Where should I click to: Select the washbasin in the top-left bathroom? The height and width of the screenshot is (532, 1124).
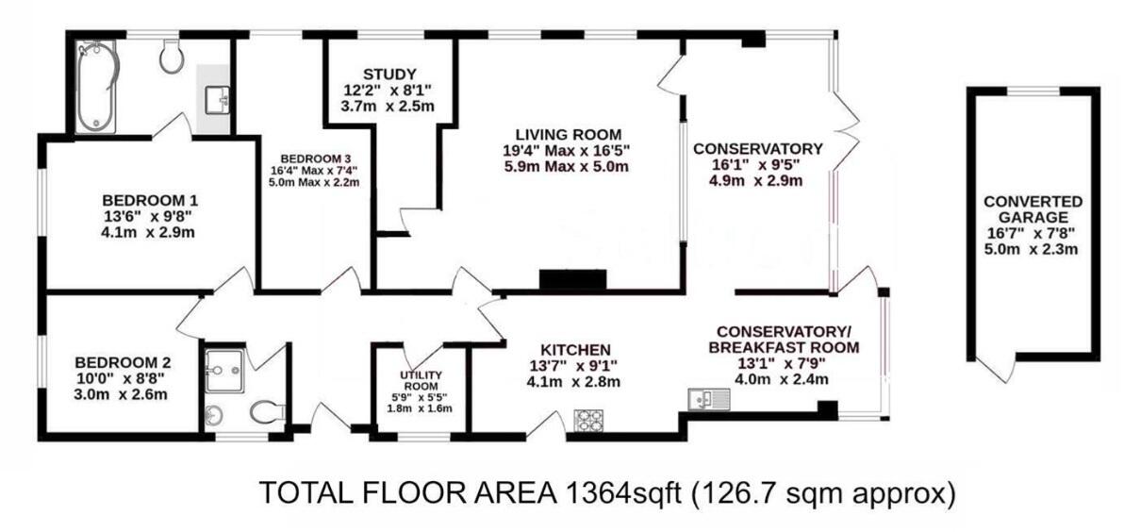tap(216, 96)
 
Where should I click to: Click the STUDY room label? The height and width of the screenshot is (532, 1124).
tap(388, 75)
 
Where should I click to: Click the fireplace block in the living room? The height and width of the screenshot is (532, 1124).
tap(572, 280)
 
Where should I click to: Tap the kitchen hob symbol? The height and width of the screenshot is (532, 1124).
tap(588, 418)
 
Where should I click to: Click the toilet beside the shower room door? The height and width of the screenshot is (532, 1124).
tap(268, 412)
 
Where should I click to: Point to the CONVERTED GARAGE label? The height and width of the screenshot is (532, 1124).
tap(1033, 210)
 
